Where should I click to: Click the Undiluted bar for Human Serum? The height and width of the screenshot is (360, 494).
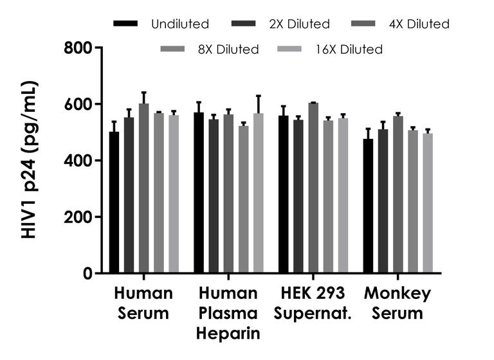114,203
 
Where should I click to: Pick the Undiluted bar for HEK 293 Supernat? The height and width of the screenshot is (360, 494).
283,194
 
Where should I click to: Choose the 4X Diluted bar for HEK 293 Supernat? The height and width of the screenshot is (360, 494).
313,188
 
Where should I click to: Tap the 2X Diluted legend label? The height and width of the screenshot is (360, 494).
300,24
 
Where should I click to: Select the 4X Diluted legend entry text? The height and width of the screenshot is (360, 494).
419,24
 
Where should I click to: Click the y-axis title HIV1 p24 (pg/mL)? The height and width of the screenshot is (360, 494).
30,161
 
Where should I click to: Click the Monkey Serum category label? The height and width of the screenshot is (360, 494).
398,304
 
